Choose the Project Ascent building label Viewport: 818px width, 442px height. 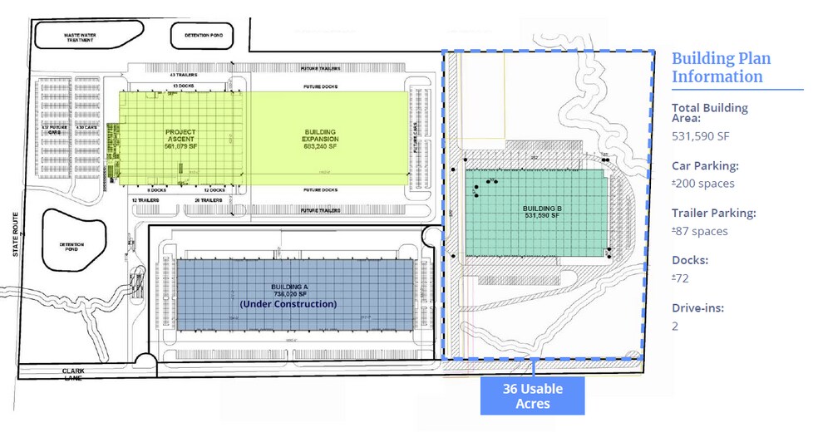180,137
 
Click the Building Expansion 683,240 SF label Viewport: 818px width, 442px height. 320,137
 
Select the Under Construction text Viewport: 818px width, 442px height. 288,304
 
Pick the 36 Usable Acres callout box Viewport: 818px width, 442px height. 532,395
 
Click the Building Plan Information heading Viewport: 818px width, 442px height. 721,67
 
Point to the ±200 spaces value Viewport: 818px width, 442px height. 702,183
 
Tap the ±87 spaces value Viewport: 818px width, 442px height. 699,231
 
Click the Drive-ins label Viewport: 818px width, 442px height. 697,308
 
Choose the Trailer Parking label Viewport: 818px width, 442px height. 713,213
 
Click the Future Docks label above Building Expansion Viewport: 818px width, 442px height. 319,85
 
